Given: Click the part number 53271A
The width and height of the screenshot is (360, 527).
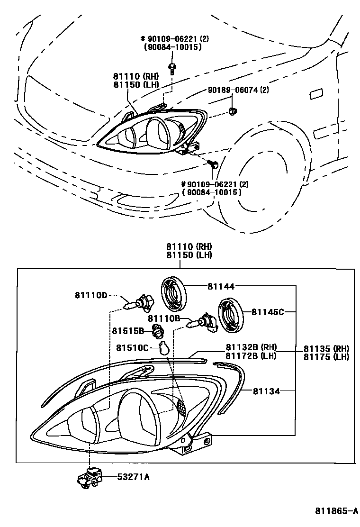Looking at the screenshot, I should pos(134,477).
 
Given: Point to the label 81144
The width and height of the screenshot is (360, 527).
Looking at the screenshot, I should pos(221,286).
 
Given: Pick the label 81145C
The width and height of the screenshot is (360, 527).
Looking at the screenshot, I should pos(268,312).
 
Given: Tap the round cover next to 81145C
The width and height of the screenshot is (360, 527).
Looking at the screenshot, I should pos(231,315).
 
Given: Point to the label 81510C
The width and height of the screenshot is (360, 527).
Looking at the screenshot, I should pos(133,348).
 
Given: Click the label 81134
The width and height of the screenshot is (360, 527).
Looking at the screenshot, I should pos(266,391).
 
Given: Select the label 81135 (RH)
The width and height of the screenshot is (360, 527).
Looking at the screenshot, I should pos(326,348).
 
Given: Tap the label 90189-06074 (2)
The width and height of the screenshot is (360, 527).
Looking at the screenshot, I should pos(238,90).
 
